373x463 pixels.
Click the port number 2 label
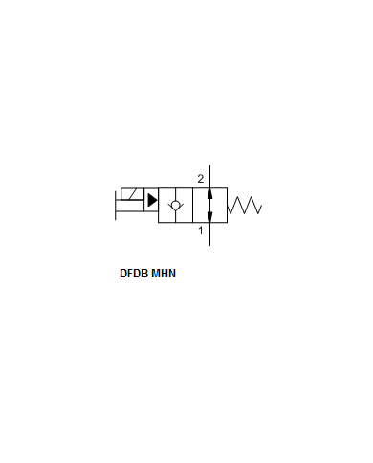(x=200, y=179)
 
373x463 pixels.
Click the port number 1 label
(x=201, y=231)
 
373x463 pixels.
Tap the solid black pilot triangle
(x=152, y=200)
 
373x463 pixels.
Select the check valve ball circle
(x=175, y=205)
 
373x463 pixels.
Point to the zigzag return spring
(x=245, y=205)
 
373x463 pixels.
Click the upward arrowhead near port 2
(x=209, y=193)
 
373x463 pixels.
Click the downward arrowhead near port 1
(x=209, y=217)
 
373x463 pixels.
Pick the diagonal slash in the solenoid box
(x=133, y=194)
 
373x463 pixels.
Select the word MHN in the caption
(x=164, y=274)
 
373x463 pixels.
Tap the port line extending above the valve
(x=209, y=176)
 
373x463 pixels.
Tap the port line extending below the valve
(x=209, y=234)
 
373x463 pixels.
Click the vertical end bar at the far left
(x=116, y=206)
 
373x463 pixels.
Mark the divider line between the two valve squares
(x=192, y=206)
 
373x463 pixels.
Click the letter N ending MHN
(x=172, y=274)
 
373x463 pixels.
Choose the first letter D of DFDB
(x=123, y=274)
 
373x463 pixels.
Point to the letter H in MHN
(x=165, y=274)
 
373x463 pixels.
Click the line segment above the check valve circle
(x=175, y=194)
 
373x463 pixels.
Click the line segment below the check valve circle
(x=175, y=216)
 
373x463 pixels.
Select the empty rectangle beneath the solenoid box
(x=130, y=206)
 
